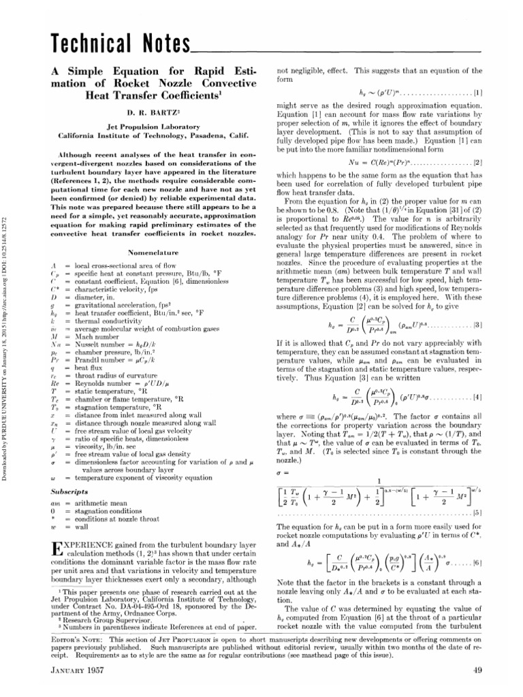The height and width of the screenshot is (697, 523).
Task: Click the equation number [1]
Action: [x=478, y=91]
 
